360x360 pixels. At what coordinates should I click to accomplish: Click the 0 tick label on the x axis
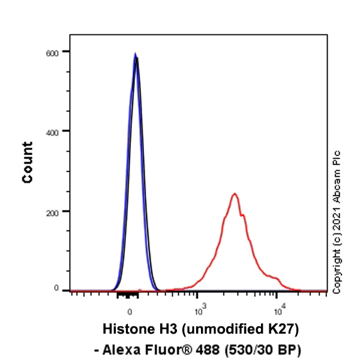[130, 311]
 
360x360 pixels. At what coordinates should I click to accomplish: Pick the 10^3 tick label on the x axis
[200, 310]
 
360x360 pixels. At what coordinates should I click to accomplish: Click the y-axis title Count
[28, 162]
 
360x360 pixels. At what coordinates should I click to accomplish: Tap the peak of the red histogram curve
[235, 194]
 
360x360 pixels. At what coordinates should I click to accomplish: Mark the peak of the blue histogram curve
[135, 54]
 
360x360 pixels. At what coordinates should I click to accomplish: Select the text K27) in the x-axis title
[283, 329]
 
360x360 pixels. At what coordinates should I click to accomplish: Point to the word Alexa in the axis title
[127, 348]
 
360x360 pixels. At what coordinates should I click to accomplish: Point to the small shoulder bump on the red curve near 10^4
[275, 278]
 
